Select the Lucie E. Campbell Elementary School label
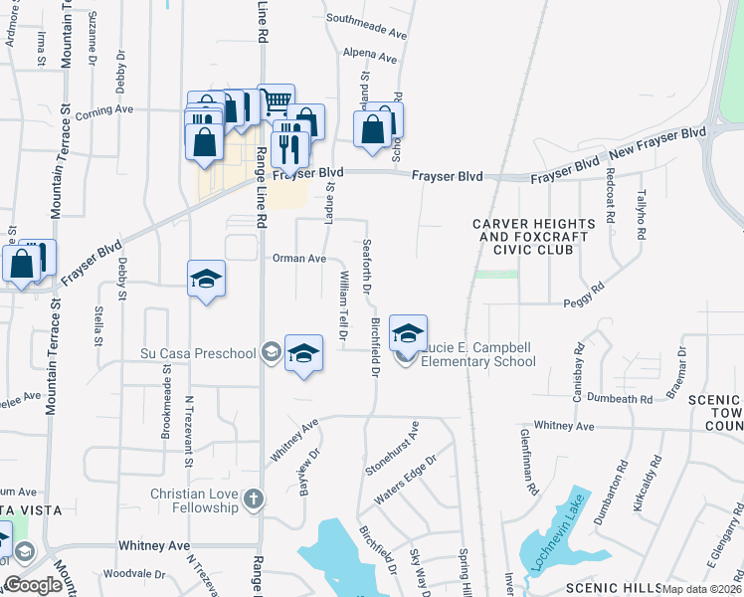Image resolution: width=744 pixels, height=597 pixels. pyautogui.click(x=477, y=354)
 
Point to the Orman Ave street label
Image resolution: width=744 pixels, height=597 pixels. pyautogui.click(x=299, y=259)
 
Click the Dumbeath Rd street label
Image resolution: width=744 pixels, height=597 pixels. pyautogui.click(x=619, y=399)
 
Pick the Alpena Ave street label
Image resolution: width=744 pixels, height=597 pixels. pyautogui.click(x=369, y=55)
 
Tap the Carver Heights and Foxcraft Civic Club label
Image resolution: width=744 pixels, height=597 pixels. pyautogui.click(x=524, y=238)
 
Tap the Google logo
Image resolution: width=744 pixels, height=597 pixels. pyautogui.click(x=33, y=585)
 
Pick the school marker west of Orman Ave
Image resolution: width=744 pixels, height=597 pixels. pyautogui.click(x=207, y=280)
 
